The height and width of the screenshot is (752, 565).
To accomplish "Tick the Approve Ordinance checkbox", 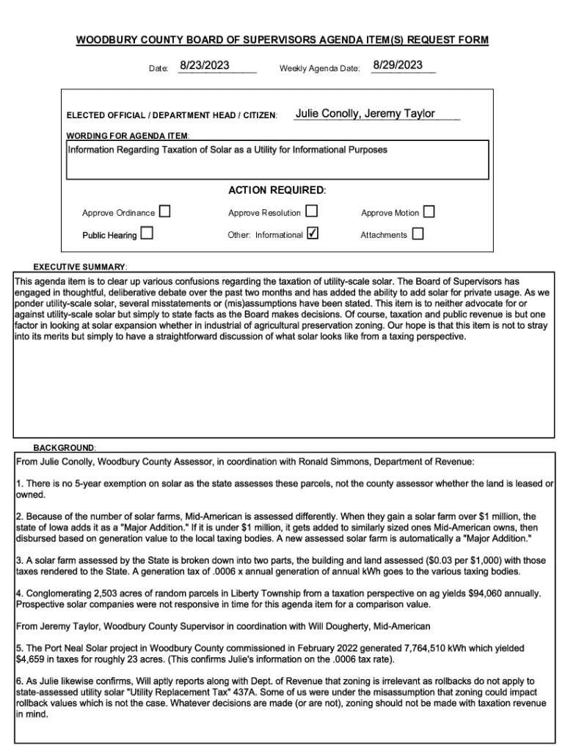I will (x=164, y=212).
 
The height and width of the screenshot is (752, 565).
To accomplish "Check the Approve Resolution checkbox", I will (x=311, y=212).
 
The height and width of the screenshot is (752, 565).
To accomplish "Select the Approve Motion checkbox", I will (x=429, y=212).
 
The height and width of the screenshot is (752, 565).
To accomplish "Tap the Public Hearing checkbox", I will (x=147, y=234).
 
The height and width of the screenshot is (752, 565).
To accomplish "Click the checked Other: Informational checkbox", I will (x=312, y=234).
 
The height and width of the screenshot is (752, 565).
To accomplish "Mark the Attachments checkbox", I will (x=418, y=234).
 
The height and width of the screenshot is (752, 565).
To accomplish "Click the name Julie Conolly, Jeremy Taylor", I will (x=365, y=114).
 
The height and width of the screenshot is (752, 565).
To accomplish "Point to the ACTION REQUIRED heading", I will (x=277, y=190).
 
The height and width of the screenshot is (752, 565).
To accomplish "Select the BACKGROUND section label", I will (x=64, y=447).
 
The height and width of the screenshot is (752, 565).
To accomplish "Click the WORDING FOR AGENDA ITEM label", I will (x=128, y=136).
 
